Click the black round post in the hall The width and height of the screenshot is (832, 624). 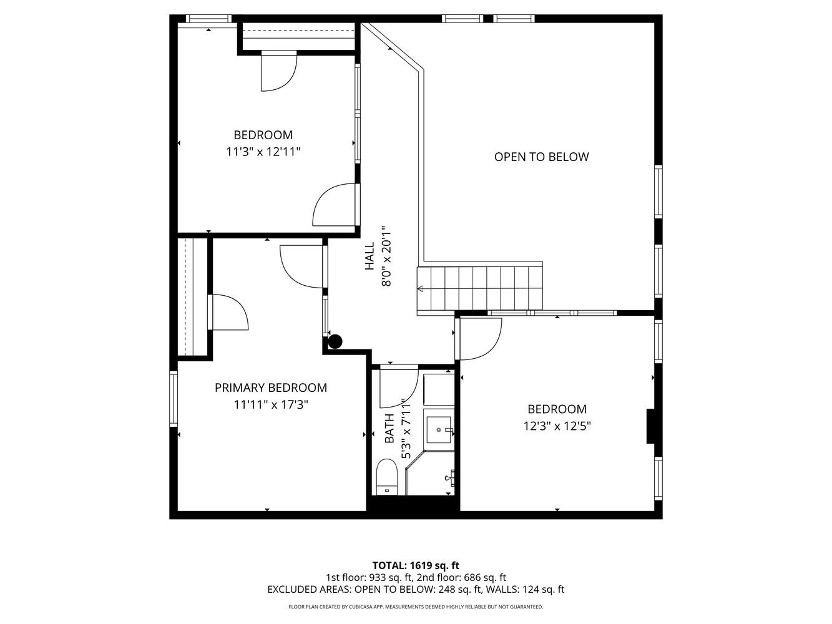point(335,341)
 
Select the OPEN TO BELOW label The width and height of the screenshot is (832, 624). point(541,157)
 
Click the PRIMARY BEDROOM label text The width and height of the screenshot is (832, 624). point(270,388)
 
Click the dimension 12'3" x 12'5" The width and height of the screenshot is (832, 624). point(557,426)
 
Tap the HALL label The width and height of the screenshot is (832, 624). point(370,256)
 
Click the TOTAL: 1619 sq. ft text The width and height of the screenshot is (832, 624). point(416,565)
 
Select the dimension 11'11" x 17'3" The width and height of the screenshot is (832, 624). point(271,404)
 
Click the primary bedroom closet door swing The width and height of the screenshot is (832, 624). point(230,311)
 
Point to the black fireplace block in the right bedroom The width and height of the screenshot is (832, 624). point(650,426)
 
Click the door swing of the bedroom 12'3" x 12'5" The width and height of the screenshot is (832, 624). point(480,338)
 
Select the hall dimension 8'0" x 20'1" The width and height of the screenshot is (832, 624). point(386,256)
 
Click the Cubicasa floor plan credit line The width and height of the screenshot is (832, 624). point(416,607)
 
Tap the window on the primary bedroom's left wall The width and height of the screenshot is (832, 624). point(174,399)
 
